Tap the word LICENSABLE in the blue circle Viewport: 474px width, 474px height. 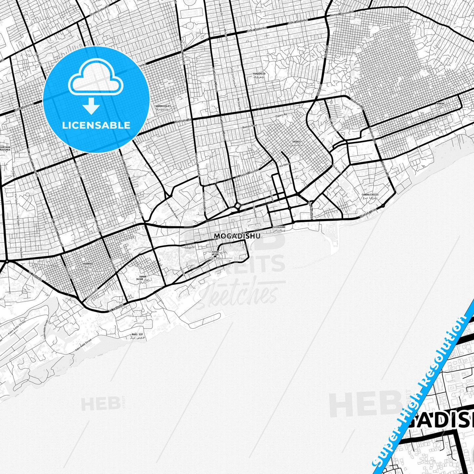point(96,125)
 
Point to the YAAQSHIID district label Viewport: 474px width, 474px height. point(258,74)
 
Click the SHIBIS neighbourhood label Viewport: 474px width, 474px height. point(296,142)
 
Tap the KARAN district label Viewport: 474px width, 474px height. point(440,104)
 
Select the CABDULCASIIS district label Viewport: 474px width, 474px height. point(370,195)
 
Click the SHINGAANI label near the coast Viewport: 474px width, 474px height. point(279,227)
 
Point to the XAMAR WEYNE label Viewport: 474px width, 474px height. point(215,253)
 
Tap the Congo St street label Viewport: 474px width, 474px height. point(190,247)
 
